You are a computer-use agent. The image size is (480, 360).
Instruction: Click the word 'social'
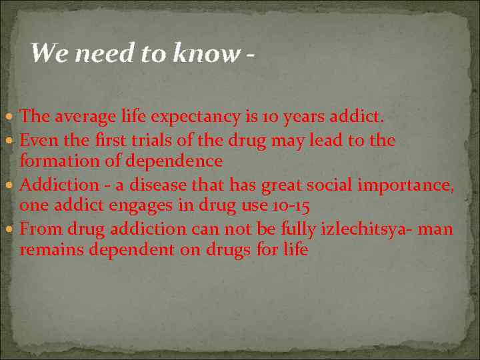coord(332,185)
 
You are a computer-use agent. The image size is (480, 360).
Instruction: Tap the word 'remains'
coord(49,251)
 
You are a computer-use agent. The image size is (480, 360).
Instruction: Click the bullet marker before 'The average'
coord(13,117)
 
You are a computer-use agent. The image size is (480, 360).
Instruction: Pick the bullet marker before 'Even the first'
coord(13,141)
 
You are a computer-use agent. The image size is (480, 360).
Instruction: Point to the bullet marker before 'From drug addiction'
coord(13,229)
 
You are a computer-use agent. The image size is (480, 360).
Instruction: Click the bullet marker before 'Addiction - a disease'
coord(13,185)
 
